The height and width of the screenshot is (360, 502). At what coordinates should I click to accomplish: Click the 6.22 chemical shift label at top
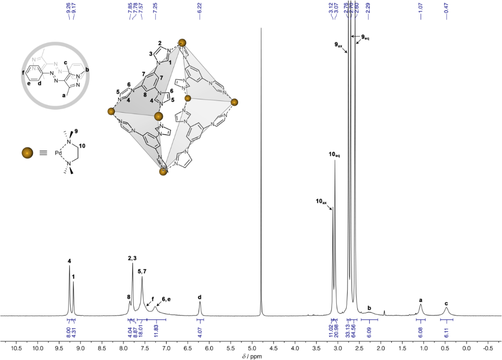200,11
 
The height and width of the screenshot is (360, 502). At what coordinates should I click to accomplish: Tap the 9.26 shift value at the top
69,11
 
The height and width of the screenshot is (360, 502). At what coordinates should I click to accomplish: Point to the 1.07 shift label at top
421,11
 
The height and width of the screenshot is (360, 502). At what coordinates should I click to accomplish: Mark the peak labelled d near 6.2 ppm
200,309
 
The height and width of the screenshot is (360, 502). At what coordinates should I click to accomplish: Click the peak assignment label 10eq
334,155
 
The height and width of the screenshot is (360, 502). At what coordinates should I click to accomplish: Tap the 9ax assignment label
338,45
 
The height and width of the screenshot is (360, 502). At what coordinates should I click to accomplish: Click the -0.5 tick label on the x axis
487,348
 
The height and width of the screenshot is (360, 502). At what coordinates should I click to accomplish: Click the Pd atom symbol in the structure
58,153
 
